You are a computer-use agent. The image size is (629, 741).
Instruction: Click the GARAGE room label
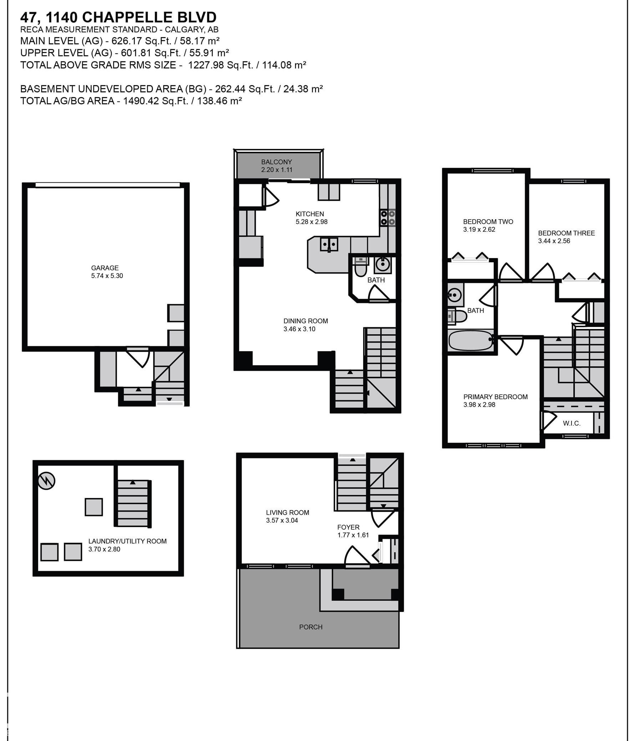105,268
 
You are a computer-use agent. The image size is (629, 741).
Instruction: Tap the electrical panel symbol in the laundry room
47,481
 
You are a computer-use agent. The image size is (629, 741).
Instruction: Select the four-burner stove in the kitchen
388,218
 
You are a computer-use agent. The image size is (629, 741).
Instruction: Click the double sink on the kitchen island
329,245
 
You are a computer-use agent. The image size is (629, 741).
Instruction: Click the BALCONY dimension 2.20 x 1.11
277,170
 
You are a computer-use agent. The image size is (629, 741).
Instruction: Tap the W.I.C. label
572,423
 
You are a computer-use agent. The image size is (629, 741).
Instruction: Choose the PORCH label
311,627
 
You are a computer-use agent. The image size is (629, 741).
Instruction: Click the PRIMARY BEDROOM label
495,397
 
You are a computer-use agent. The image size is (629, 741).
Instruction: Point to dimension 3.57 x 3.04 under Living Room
282,520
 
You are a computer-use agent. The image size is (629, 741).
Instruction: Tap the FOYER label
348,527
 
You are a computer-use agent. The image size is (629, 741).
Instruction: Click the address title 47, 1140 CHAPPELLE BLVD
118,17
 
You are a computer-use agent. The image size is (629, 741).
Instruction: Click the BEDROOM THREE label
566,233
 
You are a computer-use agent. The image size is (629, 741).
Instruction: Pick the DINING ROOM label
305,321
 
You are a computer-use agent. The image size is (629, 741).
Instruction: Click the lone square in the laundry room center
94,507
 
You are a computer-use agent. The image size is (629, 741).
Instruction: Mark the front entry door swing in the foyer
357,556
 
